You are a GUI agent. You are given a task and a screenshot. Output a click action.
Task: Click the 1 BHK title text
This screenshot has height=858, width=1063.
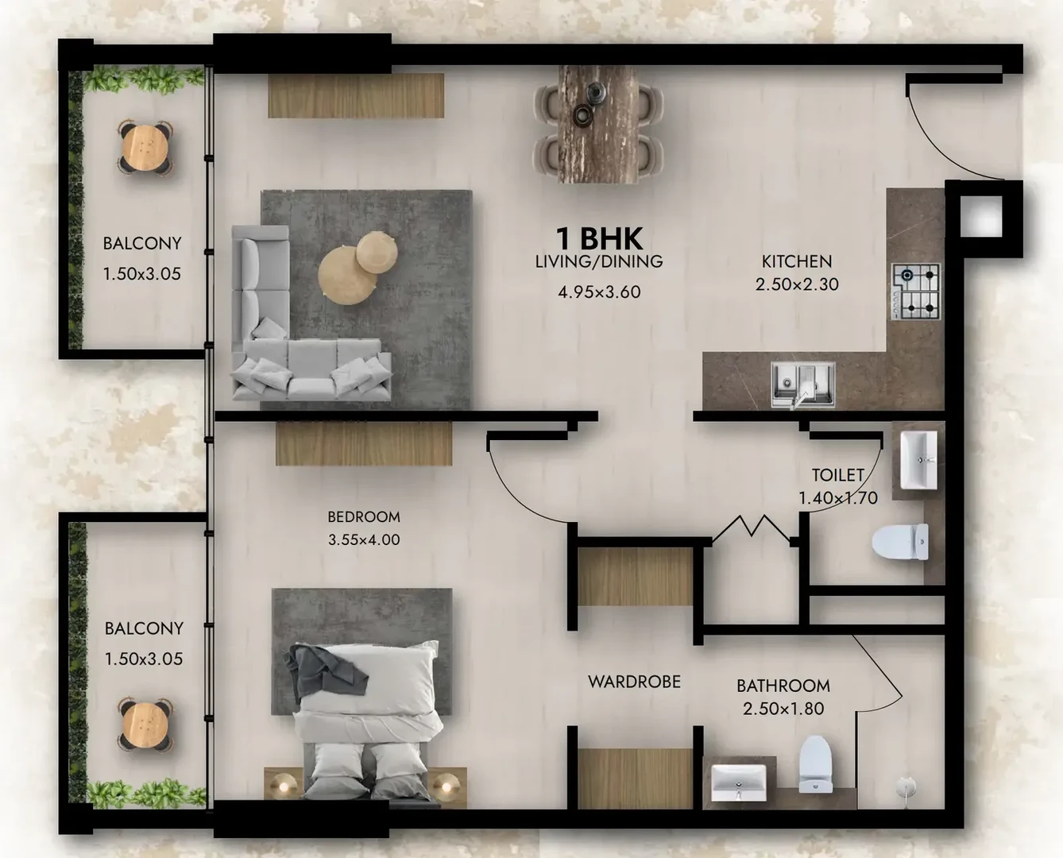tap(599, 239)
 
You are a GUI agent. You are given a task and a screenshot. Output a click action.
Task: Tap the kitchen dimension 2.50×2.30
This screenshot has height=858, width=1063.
tap(797, 284)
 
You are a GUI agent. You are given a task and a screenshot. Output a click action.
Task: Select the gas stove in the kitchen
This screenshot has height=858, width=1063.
tap(916, 292)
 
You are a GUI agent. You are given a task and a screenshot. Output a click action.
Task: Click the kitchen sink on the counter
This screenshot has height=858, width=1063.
tap(802, 385)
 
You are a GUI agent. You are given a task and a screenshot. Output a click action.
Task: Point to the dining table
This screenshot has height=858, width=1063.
tap(598, 125)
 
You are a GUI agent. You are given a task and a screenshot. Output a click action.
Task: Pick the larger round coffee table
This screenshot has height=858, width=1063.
tap(346, 276)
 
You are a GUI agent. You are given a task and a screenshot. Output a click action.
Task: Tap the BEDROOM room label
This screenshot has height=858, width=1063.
tap(364, 517)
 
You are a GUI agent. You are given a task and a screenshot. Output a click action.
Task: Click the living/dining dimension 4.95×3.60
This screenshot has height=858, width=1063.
tap(599, 292)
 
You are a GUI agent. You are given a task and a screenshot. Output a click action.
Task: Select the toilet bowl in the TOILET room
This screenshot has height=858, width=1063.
tap(900, 542)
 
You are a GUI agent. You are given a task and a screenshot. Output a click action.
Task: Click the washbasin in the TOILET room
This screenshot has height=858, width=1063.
tap(918, 460)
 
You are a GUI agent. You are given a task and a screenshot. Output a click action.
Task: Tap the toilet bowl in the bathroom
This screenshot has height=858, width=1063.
tap(815, 764)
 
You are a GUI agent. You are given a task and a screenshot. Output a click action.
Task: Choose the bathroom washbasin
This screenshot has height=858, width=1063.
tap(739, 783)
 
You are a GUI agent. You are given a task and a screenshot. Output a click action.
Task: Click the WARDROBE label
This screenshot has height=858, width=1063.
tap(634, 682)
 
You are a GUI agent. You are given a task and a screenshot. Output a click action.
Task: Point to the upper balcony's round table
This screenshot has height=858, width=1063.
tap(145, 148)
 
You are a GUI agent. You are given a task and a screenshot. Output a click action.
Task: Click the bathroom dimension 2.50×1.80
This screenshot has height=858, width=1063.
tap(783, 709)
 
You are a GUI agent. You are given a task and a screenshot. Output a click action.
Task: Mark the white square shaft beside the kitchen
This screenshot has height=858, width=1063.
tap(981, 217)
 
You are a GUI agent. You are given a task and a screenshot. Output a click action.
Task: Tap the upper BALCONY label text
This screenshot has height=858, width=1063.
tap(141, 244)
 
